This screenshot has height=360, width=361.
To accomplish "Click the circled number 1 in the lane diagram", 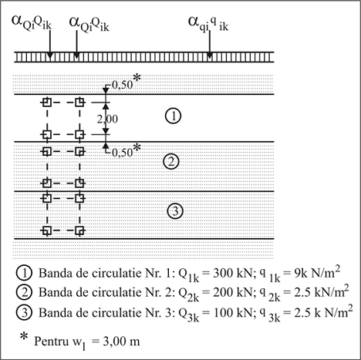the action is coord(173,116).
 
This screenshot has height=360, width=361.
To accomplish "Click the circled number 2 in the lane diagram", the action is coord(171,161).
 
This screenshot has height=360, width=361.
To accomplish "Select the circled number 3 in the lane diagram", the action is coord(175,211).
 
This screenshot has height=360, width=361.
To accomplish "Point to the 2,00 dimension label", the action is coord(107,119).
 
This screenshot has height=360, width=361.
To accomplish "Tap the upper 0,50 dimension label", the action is coord(123,85).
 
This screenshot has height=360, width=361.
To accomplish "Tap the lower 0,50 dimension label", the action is coord(123,153).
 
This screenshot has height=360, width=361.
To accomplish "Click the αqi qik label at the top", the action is coord(208,24).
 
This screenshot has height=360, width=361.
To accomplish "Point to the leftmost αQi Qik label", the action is coord(32,23).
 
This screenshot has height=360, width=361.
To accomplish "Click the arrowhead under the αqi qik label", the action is coord(210,56).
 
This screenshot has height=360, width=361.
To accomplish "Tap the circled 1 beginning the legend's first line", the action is coord(24,274).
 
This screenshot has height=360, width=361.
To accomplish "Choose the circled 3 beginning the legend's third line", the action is coord(24,313).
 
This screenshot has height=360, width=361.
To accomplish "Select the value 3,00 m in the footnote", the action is coord(121,341).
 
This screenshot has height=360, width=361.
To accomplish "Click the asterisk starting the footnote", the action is coord(24,336).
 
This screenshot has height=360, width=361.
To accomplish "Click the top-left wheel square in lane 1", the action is coord(47,103).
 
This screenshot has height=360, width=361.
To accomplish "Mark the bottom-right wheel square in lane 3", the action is coord(79,230).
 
